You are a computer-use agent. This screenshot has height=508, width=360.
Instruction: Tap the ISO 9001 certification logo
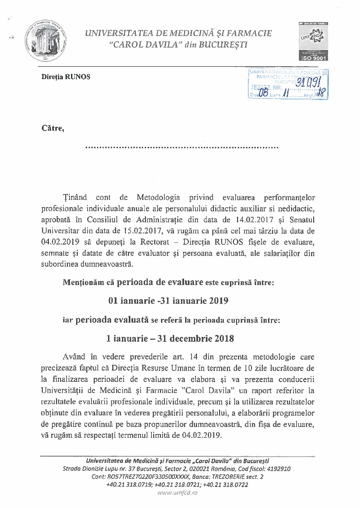[313, 41]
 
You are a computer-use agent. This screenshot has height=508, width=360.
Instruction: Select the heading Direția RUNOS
[66, 77]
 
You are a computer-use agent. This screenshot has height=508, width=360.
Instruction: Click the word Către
[53, 128]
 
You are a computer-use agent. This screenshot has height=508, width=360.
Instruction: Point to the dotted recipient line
[182, 147]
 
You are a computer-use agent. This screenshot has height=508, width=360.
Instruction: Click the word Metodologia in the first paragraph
[158, 197]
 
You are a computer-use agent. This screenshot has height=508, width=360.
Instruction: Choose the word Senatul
[301, 220]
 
